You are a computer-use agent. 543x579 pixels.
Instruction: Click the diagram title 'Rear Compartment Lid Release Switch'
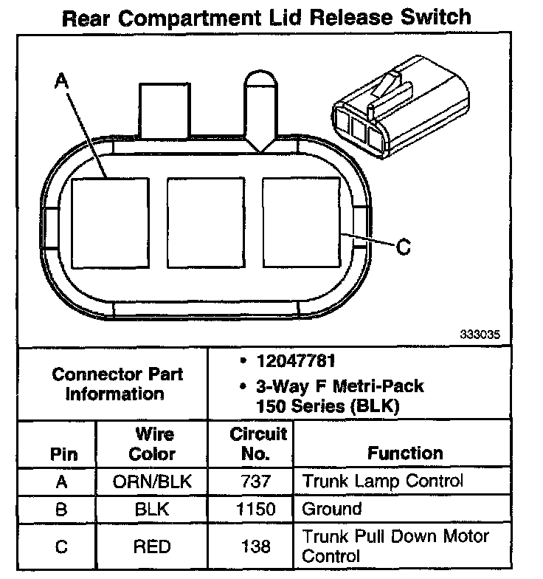(x=266, y=17)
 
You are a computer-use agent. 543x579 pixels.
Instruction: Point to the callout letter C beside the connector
(x=404, y=247)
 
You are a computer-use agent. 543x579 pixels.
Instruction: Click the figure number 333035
(x=480, y=334)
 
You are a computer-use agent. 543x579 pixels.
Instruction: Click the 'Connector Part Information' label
(x=117, y=383)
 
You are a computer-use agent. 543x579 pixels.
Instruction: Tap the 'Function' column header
(x=405, y=453)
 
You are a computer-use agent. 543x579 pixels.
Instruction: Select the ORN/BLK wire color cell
(x=153, y=482)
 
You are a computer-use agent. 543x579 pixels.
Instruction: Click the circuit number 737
(x=256, y=482)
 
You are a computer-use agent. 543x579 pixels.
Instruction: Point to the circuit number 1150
(x=256, y=510)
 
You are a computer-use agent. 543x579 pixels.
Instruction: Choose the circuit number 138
(x=256, y=547)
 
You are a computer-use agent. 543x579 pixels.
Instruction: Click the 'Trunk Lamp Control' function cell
(x=383, y=482)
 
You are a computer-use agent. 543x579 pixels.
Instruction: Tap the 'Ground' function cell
(x=332, y=509)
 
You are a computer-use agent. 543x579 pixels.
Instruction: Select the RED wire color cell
(x=153, y=547)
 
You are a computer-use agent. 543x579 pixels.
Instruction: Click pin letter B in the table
(x=62, y=510)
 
